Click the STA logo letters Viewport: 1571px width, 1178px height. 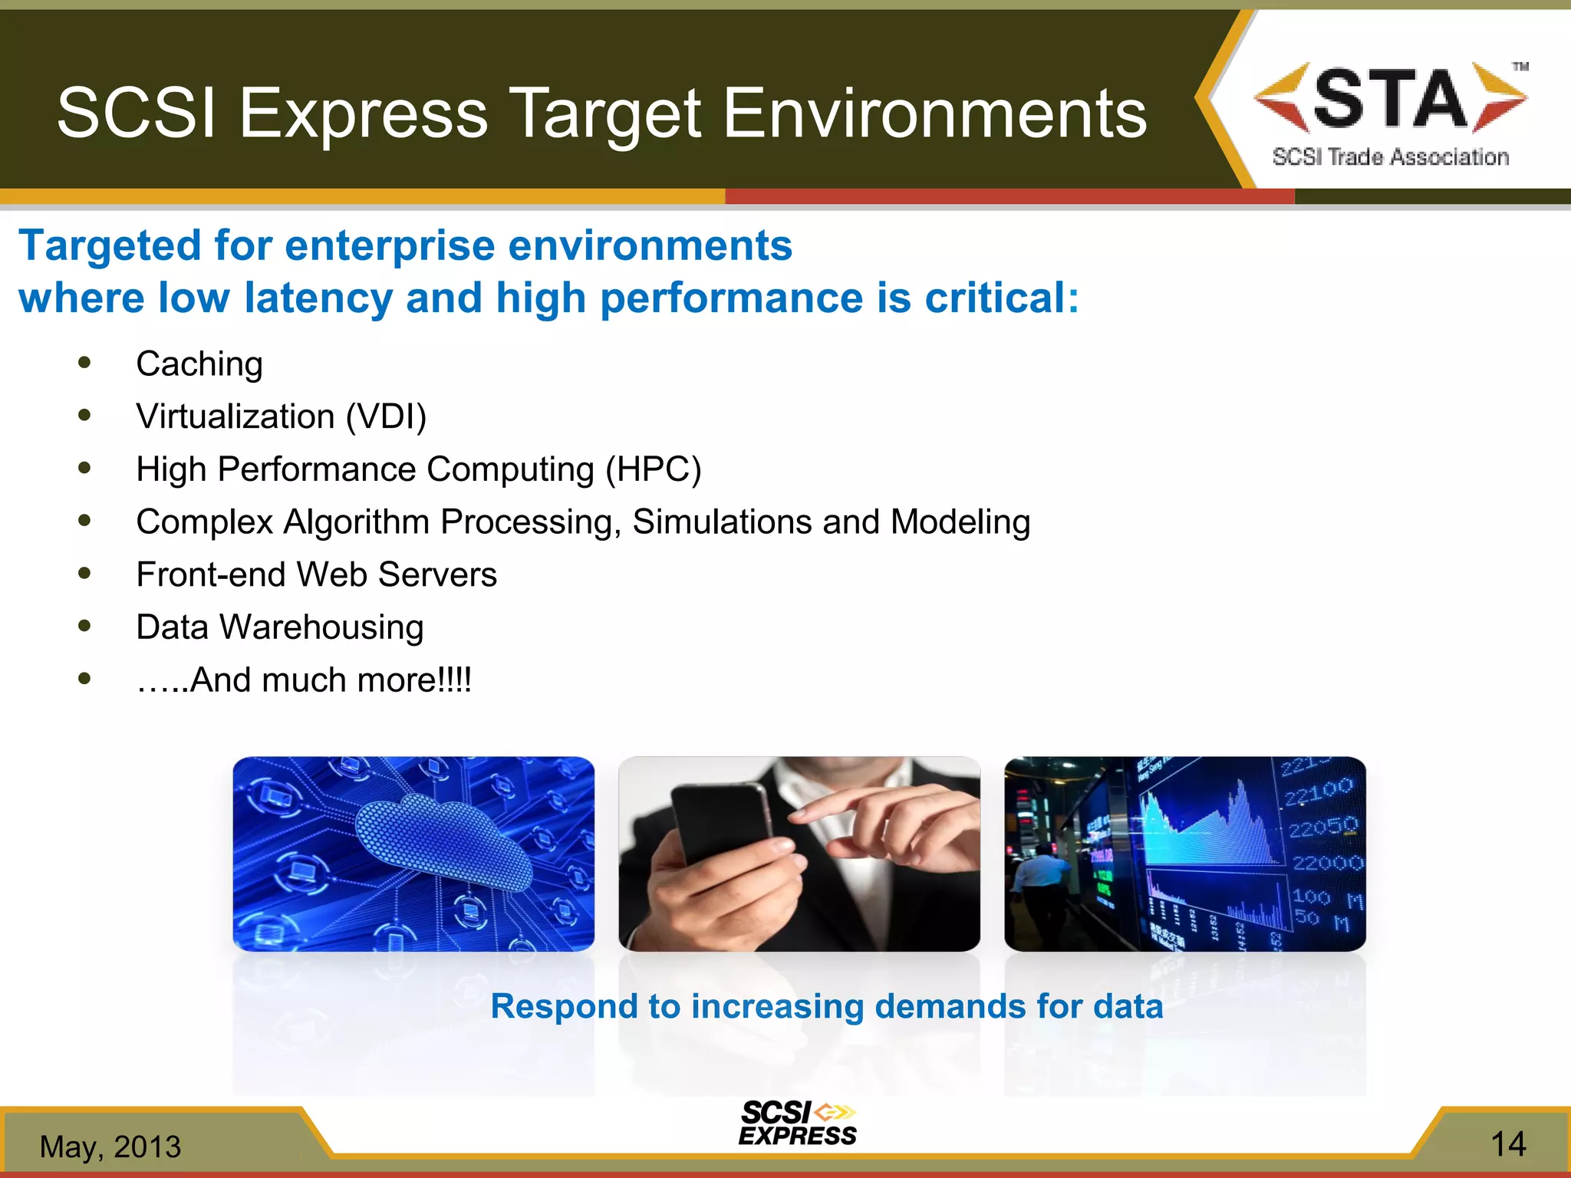pos(1390,98)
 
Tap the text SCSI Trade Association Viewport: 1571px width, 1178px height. pos(1390,157)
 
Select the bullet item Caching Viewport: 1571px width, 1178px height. pos(199,364)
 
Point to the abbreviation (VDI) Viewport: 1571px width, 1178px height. pos(386,417)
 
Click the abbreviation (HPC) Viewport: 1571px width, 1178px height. pos(653,469)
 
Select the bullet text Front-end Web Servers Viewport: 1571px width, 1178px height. pos(316,574)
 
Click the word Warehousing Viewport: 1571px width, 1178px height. pos(321,627)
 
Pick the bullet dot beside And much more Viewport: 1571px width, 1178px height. pos(84,679)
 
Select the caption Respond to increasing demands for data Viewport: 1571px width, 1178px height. pos(826,1006)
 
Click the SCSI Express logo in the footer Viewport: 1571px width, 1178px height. pos(797,1124)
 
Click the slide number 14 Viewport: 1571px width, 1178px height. pos(1507,1145)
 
